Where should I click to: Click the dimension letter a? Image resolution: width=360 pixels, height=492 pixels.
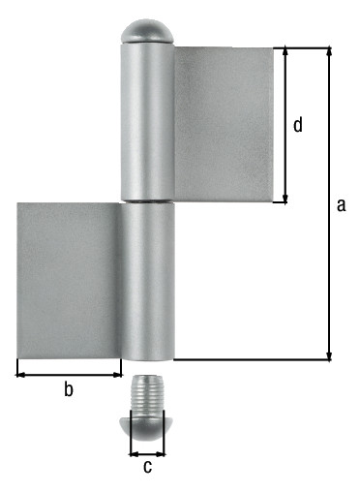341,205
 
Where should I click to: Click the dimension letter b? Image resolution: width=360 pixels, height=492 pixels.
69,388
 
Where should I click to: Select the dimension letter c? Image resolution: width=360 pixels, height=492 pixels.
147,467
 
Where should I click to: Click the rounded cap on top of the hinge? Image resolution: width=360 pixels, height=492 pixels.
147,32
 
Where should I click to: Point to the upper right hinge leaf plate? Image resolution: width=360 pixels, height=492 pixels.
224,125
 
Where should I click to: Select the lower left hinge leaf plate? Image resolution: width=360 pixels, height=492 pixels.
69,280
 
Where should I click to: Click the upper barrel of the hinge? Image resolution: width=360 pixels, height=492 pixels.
147,122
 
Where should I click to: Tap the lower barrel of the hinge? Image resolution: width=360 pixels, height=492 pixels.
147,282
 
